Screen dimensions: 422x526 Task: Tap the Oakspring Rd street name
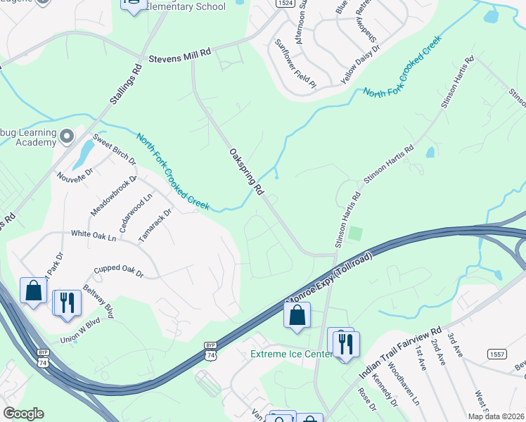coord(246,171)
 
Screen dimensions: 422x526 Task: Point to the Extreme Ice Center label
coord(290,354)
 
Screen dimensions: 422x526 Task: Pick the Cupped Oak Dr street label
coord(119,271)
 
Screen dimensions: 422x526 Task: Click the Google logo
coord(23,414)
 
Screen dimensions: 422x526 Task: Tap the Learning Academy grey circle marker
coord(68,135)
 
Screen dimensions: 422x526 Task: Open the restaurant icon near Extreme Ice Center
coord(344,343)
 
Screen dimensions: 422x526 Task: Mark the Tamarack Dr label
coord(155,225)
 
